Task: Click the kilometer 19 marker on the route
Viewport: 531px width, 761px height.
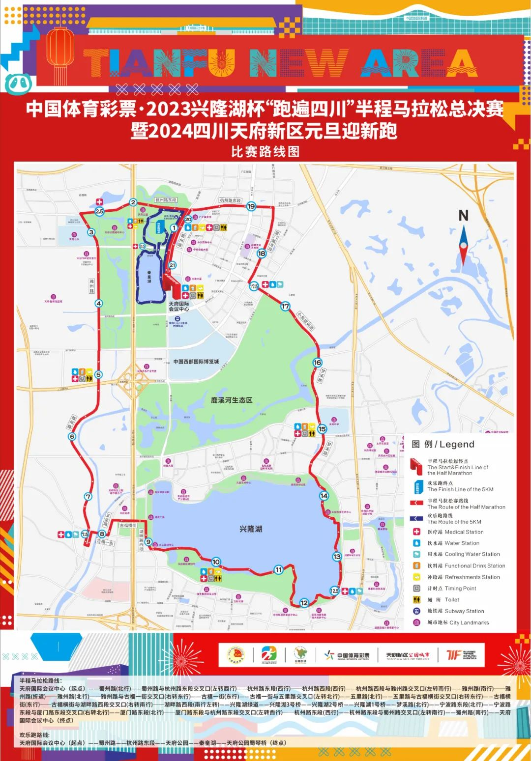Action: click(x=251, y=206)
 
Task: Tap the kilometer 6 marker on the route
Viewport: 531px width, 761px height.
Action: click(x=72, y=437)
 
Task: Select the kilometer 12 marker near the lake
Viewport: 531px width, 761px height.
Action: click(x=304, y=603)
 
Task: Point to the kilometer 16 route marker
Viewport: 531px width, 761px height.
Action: click(x=318, y=363)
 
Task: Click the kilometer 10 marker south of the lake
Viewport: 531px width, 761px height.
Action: click(x=216, y=562)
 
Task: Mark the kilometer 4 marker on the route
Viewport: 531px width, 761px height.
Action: click(x=99, y=304)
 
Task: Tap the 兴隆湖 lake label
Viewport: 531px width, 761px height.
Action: click(x=251, y=529)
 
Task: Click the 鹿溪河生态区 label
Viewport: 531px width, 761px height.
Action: click(x=232, y=400)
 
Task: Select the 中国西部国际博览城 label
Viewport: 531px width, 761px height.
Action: click(x=196, y=362)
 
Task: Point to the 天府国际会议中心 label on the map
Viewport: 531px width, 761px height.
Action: click(x=179, y=307)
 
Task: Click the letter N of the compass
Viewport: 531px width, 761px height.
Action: click(x=463, y=215)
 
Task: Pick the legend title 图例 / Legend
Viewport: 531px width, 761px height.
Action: click(x=443, y=445)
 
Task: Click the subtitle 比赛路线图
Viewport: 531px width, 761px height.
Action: click(x=265, y=151)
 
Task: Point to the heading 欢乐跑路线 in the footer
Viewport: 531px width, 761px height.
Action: click(x=34, y=735)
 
